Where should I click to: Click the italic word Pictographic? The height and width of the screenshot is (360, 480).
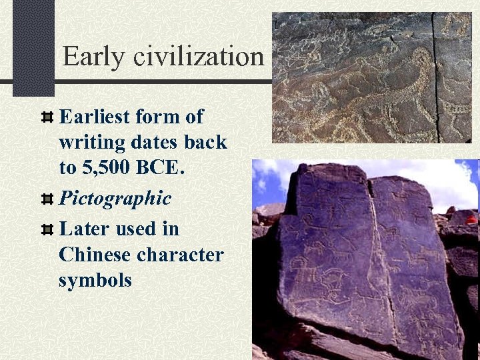click(115, 198)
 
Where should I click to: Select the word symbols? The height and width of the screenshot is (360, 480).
click(95, 280)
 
